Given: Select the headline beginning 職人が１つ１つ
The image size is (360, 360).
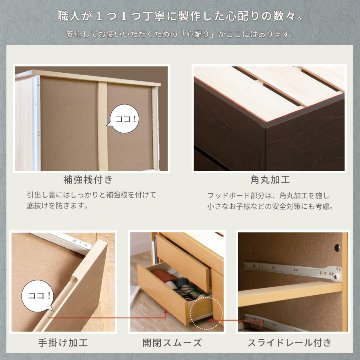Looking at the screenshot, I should click(x=180, y=16).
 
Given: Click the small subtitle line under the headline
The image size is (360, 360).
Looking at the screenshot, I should click(x=180, y=36).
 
